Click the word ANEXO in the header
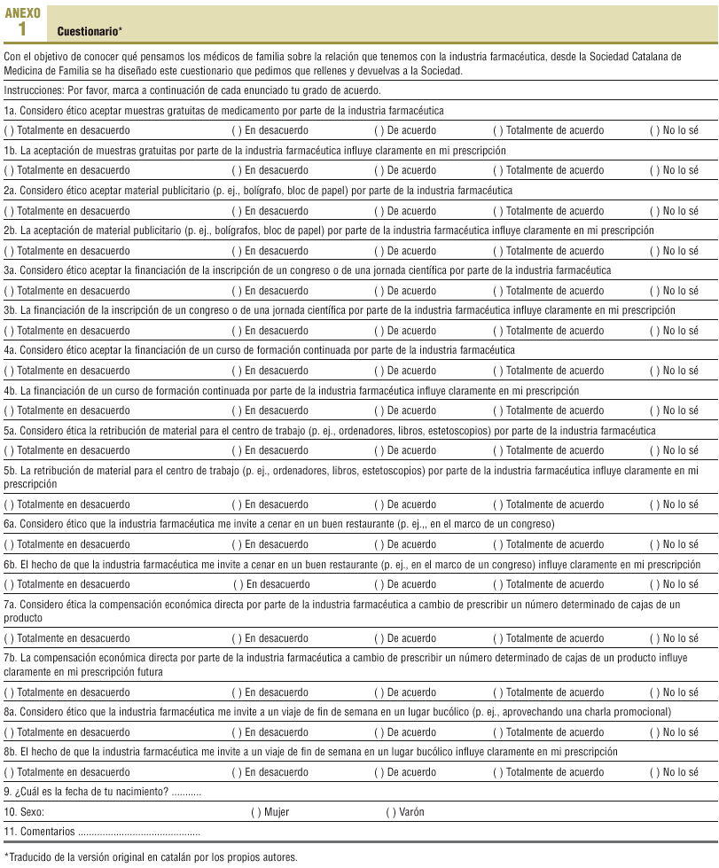[x=22, y=13]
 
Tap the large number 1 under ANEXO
[x=22, y=29]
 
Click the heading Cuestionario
[x=89, y=32]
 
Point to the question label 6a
[x=11, y=524]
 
